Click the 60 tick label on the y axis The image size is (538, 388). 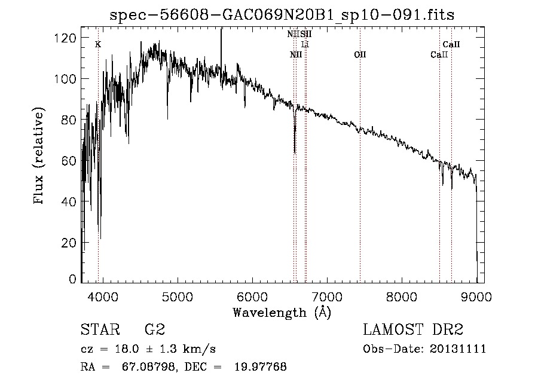69,161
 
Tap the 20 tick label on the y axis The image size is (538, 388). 69,243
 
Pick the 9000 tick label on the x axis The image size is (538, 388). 476,296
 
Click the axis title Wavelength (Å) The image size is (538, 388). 282,312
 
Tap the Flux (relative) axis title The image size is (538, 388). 40,157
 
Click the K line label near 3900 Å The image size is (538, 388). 98,44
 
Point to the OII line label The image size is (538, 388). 360,55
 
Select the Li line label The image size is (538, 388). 305,45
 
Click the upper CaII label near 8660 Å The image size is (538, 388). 451,44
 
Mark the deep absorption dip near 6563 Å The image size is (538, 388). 294,146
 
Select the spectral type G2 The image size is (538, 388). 154,329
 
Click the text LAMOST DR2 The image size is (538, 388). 413,329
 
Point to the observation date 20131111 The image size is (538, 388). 461,349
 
